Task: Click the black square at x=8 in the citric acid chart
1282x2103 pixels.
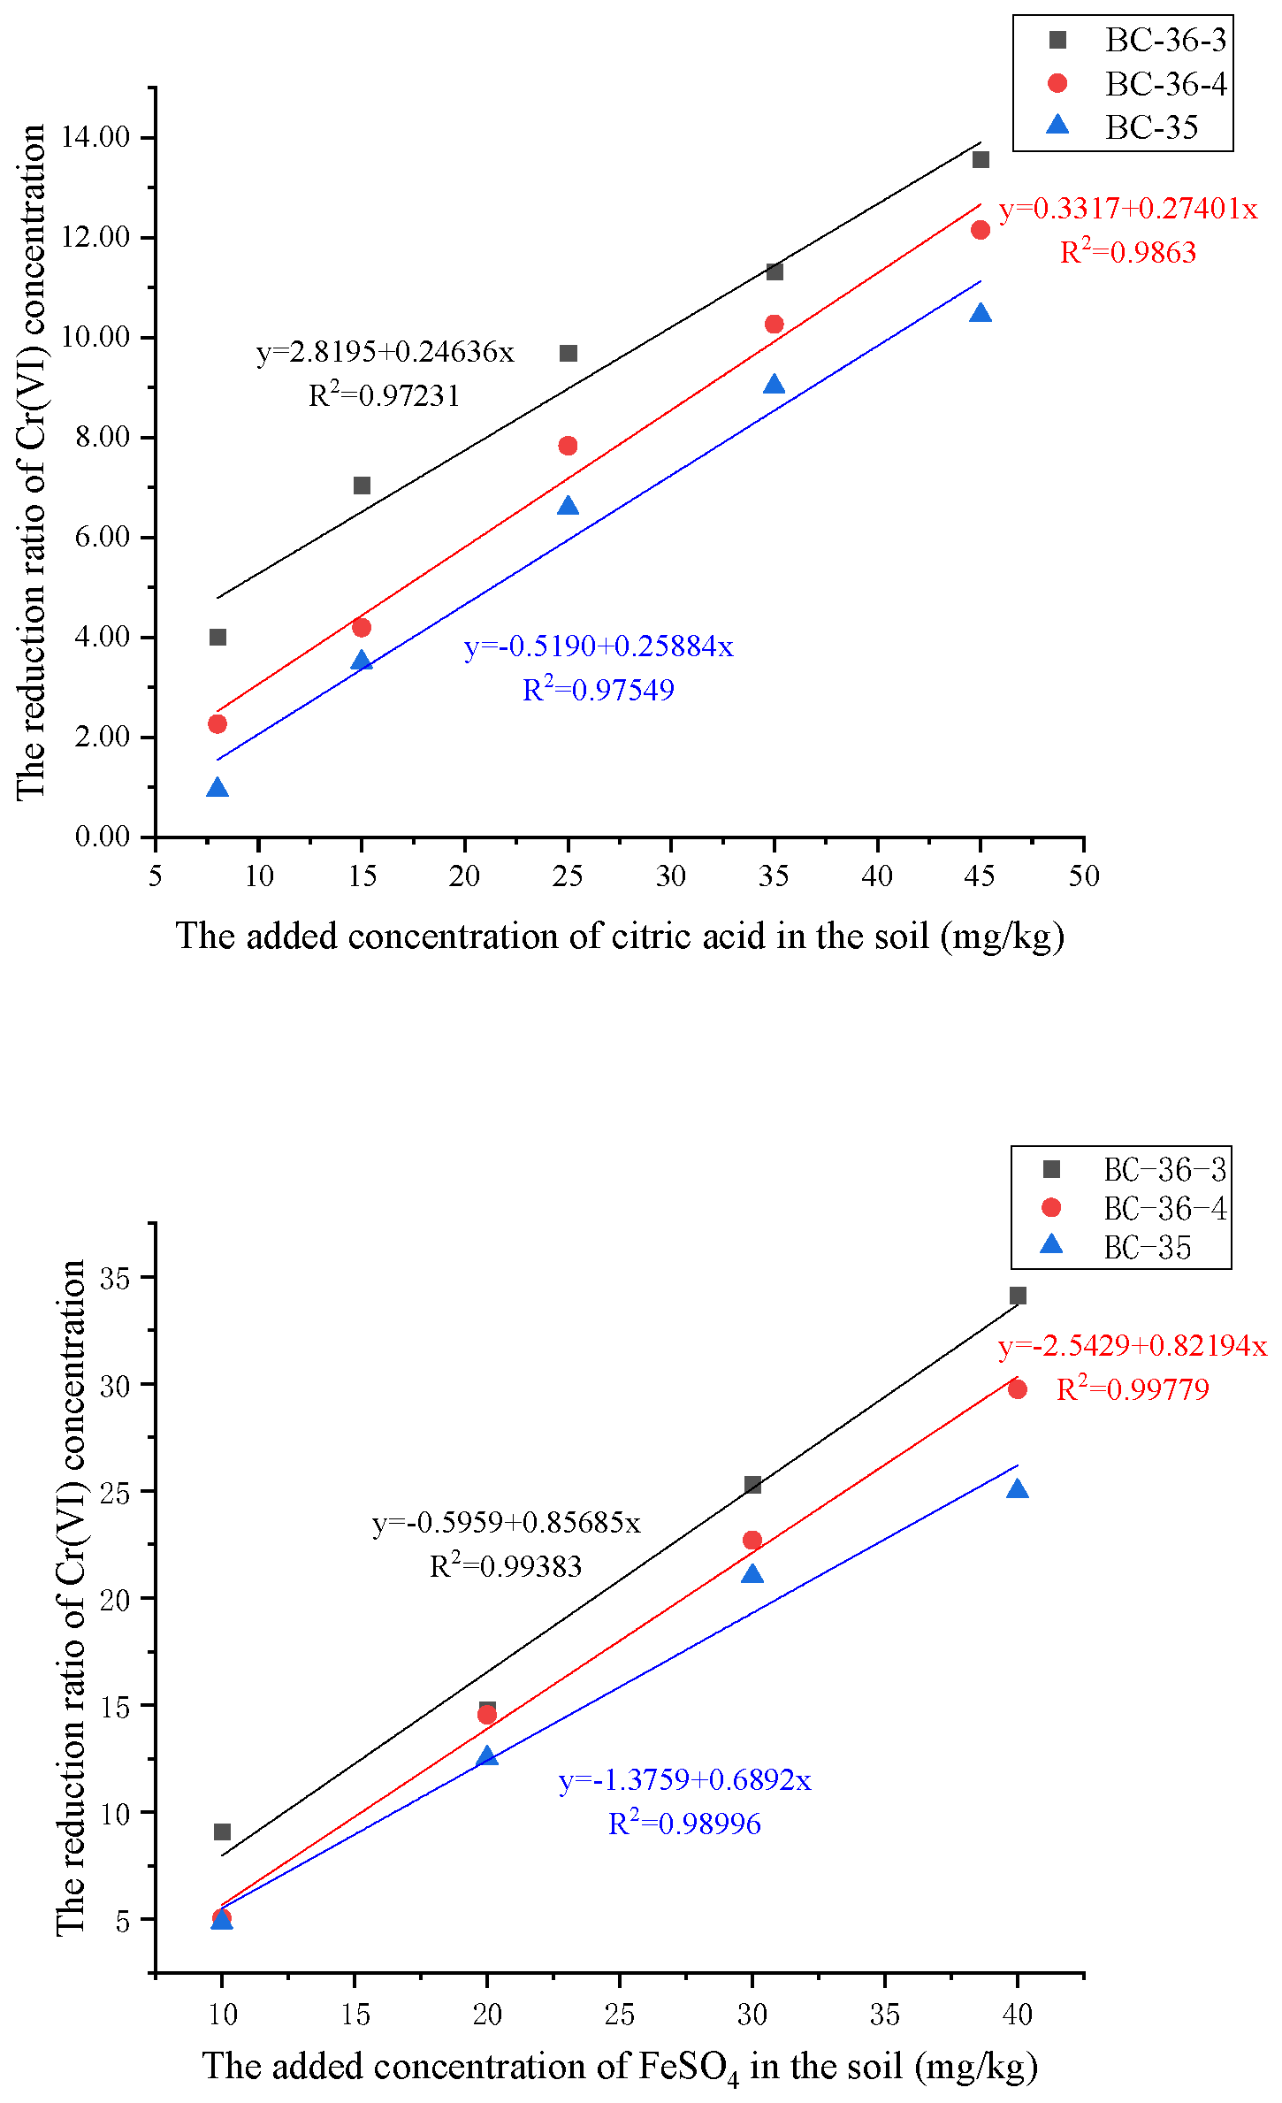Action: (x=217, y=637)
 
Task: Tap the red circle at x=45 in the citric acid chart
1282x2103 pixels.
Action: (x=980, y=230)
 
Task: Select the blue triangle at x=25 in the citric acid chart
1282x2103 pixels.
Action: (x=568, y=506)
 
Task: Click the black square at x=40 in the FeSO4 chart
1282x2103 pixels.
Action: (x=1018, y=1296)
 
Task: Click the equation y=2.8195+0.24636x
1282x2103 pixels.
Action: (x=385, y=352)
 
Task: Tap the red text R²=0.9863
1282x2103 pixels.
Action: (x=1127, y=253)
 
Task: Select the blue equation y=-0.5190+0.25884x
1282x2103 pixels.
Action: (x=599, y=646)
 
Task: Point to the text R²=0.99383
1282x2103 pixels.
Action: (x=506, y=1566)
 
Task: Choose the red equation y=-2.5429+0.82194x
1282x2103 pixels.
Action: (x=1132, y=1346)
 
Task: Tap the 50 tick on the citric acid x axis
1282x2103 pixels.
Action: (x=1083, y=876)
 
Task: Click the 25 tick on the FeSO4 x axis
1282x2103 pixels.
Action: (x=619, y=2015)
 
